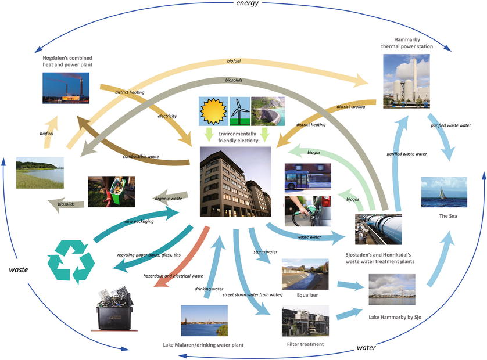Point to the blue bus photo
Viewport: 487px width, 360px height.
(307, 177)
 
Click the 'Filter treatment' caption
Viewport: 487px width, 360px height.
(305, 344)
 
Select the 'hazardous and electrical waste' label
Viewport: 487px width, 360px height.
(173, 275)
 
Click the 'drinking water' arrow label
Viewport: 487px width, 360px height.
(209, 288)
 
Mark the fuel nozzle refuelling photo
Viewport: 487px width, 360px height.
(307, 211)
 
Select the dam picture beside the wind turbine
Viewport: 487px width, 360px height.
(267, 111)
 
